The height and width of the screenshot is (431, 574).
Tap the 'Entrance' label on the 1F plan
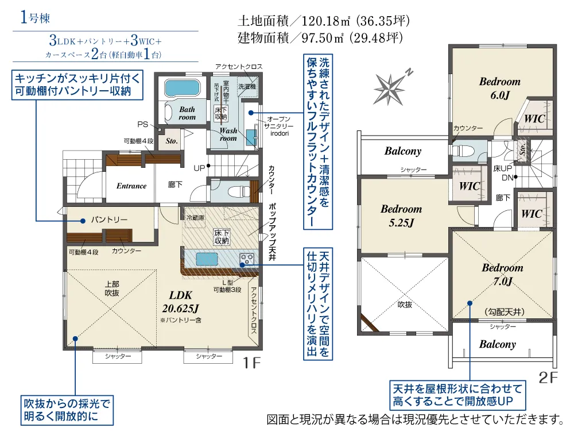(x=131, y=186)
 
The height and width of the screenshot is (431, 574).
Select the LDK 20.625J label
(x=180, y=302)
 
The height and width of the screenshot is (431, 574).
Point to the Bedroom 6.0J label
(x=500, y=88)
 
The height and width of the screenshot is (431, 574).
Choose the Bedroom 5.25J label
(x=401, y=215)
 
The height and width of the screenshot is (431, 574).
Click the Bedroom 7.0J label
(x=502, y=274)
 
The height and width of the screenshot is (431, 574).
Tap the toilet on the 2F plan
(x=463, y=151)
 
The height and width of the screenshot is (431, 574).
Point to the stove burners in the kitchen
(x=246, y=259)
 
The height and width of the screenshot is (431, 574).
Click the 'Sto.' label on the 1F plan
(x=171, y=141)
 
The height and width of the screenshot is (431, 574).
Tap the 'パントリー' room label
(x=109, y=220)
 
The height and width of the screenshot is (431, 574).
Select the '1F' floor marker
(x=252, y=363)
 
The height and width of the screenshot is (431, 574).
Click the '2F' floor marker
(x=548, y=378)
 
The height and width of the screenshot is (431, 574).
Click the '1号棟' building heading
(x=35, y=18)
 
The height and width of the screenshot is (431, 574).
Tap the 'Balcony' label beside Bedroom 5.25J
(x=403, y=151)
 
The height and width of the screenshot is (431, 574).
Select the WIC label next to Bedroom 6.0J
(x=534, y=118)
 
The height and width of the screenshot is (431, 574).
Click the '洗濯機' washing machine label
(x=247, y=87)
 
